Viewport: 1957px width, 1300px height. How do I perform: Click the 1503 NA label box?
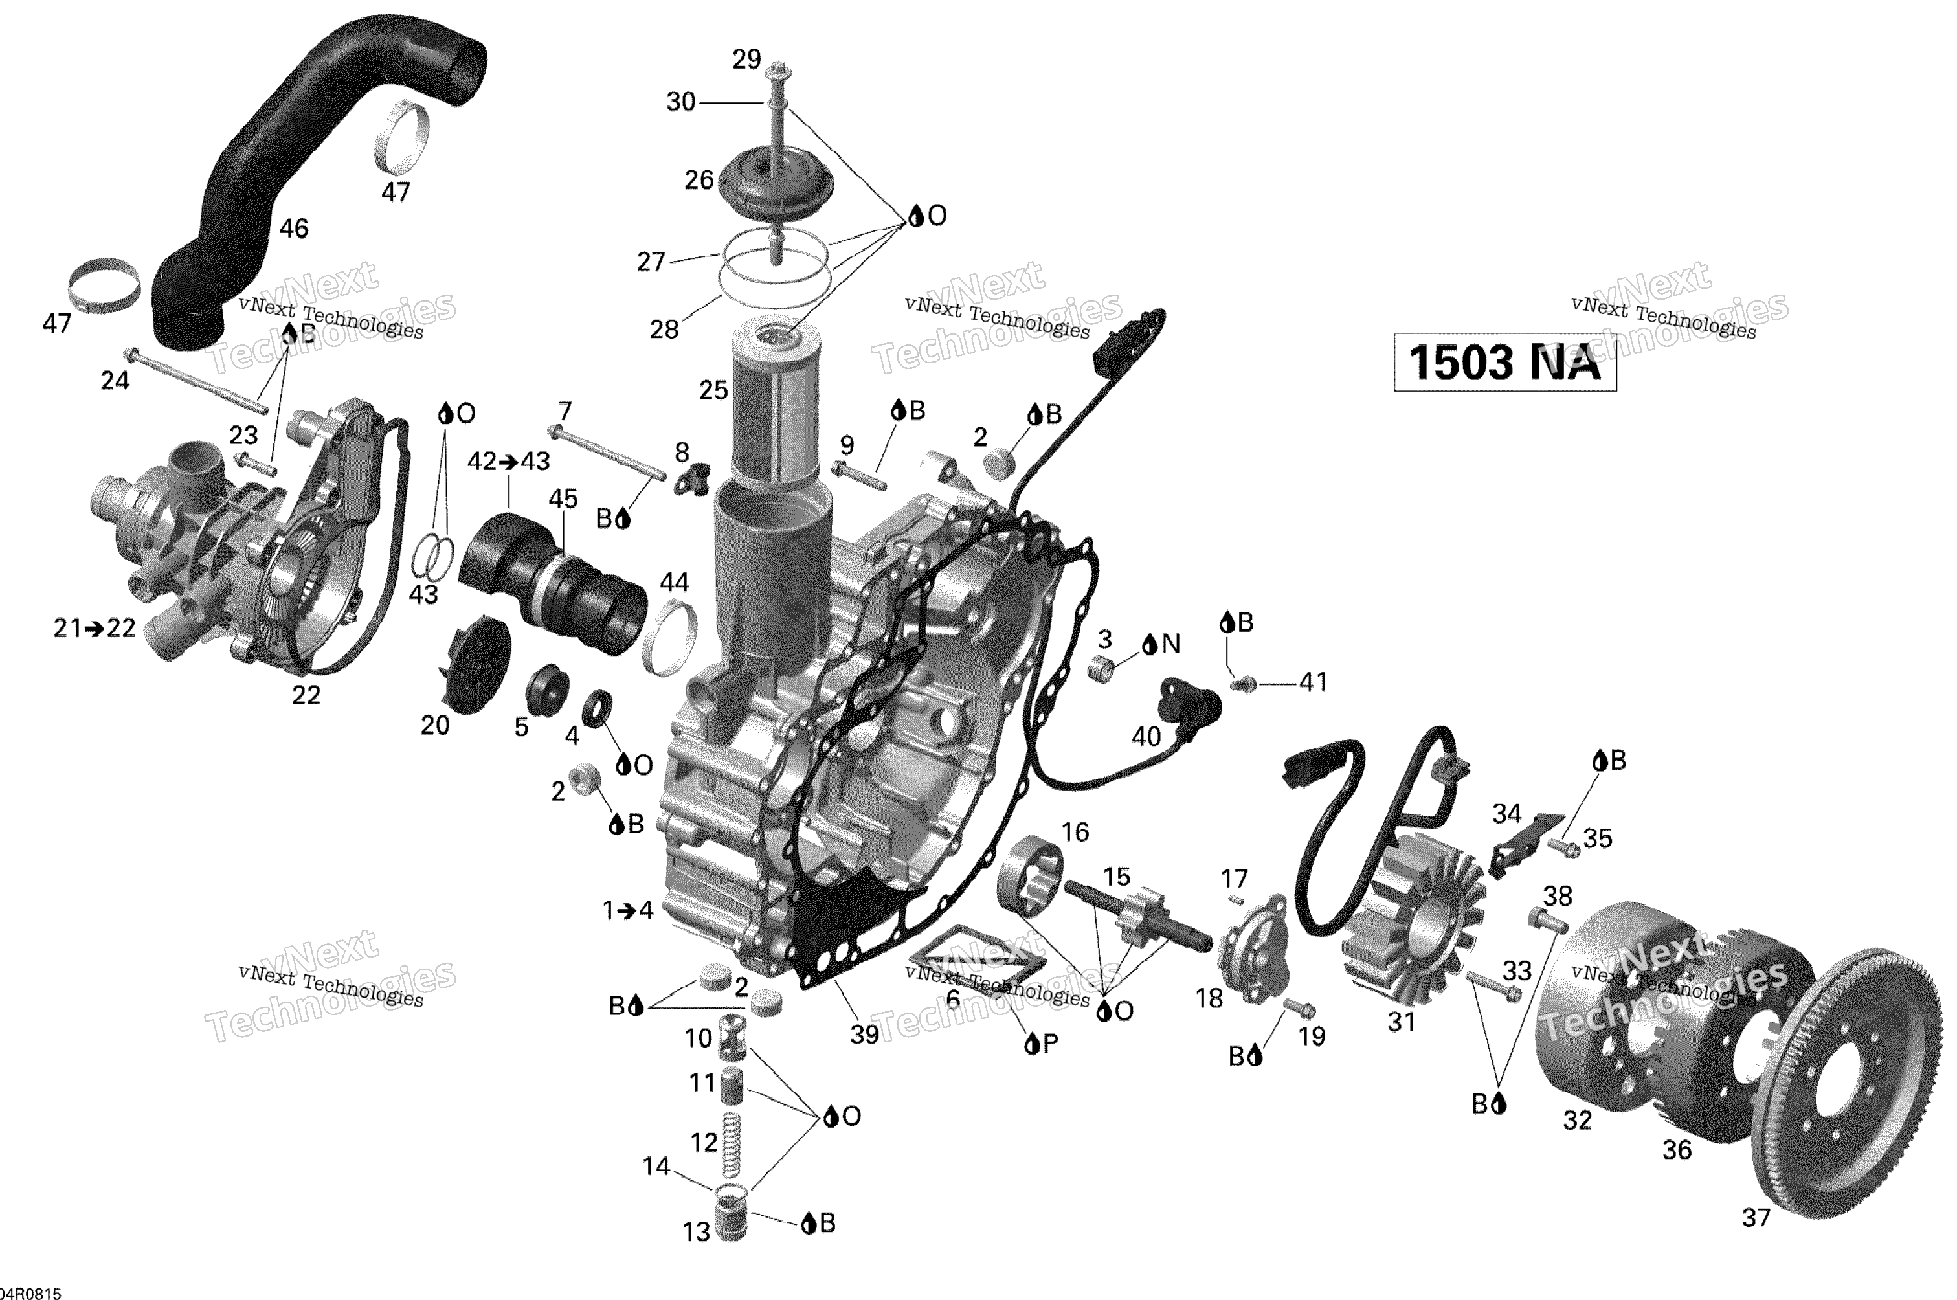[x=1504, y=361]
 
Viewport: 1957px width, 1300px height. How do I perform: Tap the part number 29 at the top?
[x=746, y=60]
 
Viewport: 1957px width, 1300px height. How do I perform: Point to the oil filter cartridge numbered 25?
[x=777, y=407]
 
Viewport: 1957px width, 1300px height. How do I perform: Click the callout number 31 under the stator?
[x=1400, y=1022]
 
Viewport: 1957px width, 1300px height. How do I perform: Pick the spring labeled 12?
[x=730, y=1143]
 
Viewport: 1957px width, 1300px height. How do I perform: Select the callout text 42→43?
[x=508, y=461]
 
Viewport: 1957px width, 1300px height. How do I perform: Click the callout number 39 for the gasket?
[x=864, y=1035]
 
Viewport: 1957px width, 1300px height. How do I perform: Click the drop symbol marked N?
[x=1150, y=644]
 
